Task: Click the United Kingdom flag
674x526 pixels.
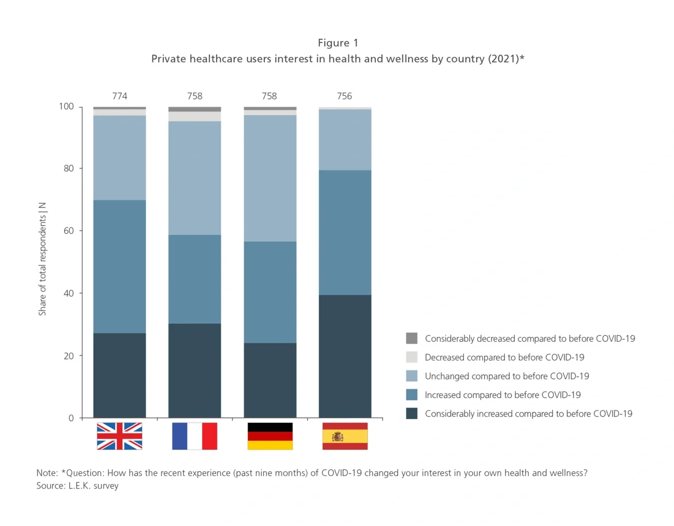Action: [119, 436]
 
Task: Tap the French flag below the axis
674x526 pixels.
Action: [194, 436]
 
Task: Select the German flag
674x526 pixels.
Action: [270, 436]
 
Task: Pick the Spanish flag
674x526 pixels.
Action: [345, 436]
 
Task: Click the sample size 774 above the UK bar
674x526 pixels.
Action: [119, 96]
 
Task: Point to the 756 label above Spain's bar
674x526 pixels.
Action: [344, 96]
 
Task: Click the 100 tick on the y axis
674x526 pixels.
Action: [66, 106]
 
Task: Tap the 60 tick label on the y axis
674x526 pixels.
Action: [68, 231]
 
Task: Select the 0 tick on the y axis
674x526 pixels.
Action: [71, 418]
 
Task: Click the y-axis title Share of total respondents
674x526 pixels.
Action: [43, 259]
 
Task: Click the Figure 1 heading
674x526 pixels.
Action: [338, 43]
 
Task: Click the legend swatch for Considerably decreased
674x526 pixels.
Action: [412, 338]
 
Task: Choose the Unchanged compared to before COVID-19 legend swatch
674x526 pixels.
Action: [412, 376]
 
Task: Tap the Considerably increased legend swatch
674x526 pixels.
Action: [412, 413]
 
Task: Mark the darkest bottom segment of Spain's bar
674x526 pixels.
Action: [345, 356]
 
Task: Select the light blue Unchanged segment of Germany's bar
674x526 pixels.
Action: [270, 178]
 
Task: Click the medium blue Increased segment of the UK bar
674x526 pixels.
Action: [119, 266]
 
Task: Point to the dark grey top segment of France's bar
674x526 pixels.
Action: [194, 109]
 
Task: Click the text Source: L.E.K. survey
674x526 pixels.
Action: [77, 486]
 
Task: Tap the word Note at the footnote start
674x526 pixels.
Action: [47, 473]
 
